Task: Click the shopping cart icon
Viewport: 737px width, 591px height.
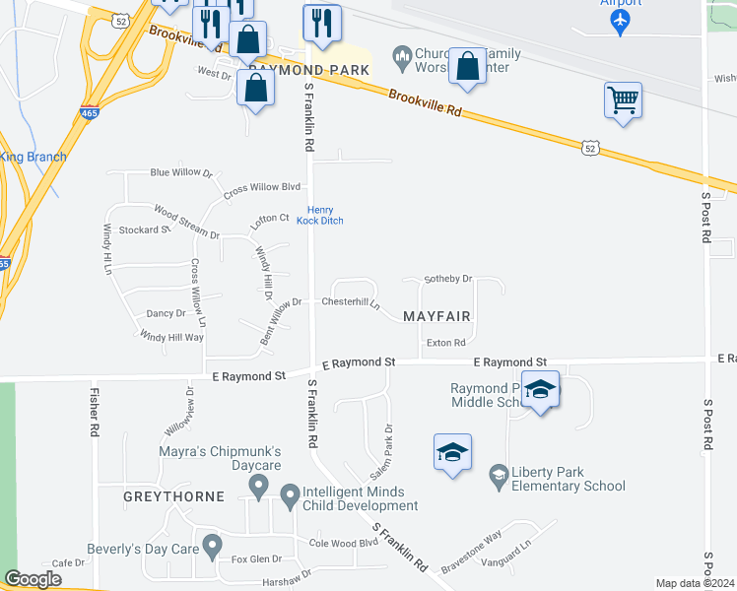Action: click(x=623, y=99)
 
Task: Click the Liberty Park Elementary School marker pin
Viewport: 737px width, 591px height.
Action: click(x=499, y=476)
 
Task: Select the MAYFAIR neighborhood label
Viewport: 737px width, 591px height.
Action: click(x=436, y=316)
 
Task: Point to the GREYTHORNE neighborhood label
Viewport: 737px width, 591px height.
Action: click(x=173, y=496)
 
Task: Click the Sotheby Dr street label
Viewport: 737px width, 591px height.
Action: click(x=448, y=279)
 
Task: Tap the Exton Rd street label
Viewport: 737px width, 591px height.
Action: click(x=445, y=343)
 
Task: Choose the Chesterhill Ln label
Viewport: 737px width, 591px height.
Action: click(x=351, y=302)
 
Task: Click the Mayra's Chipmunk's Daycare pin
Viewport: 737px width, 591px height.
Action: click(x=258, y=484)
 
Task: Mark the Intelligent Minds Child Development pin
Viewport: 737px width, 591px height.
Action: click(x=290, y=495)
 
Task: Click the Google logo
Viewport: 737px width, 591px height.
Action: click(x=33, y=579)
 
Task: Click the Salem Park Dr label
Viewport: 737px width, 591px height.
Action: click(x=381, y=452)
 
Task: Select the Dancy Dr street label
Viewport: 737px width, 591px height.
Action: click(x=166, y=313)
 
